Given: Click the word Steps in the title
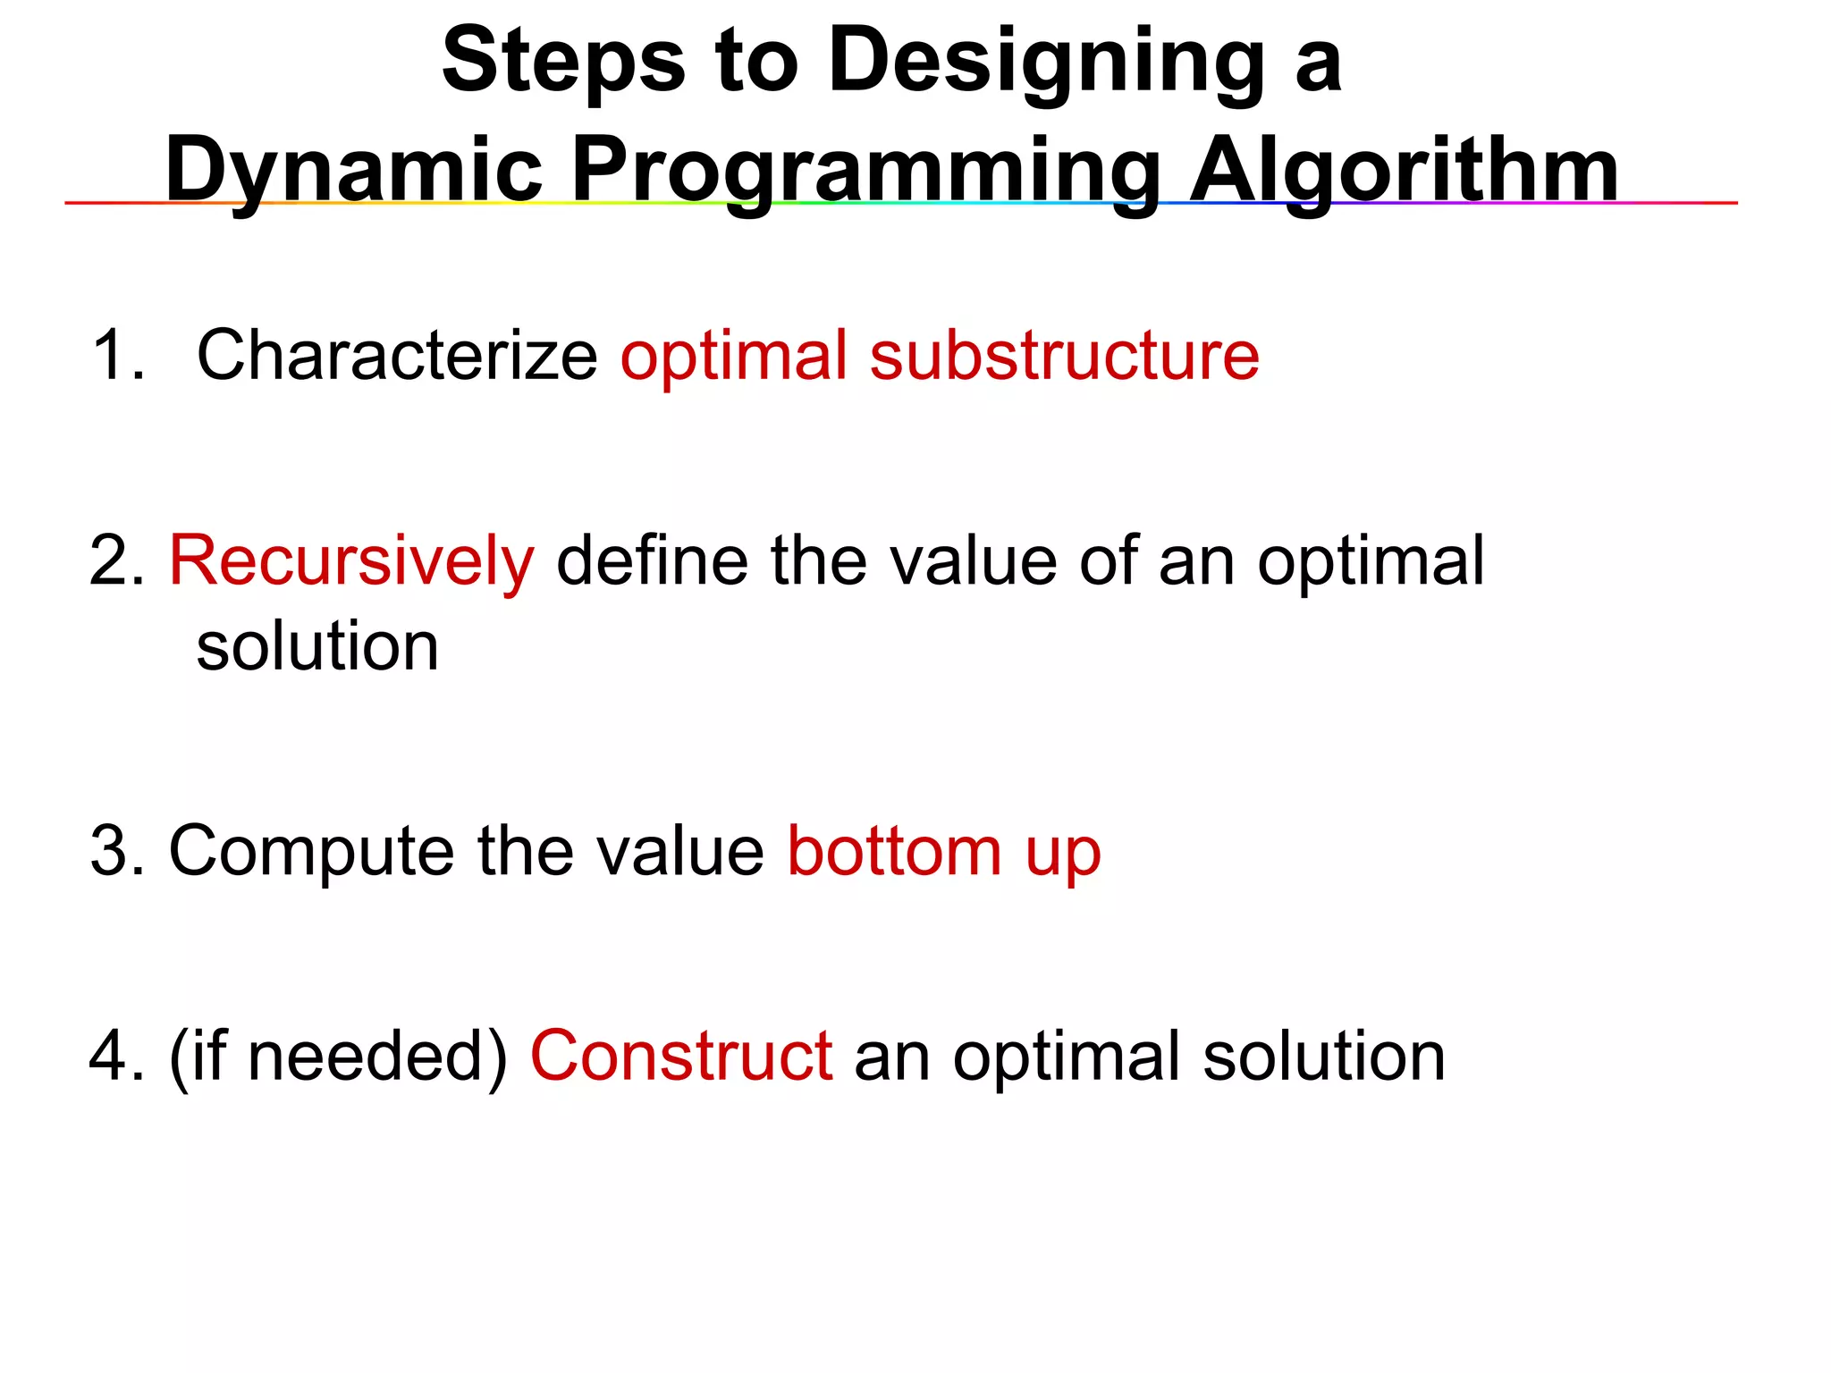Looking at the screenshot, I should coord(563,61).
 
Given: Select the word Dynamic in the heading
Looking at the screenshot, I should coord(354,170).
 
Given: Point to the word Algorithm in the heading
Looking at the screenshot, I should coord(1404,170).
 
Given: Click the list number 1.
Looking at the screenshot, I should coord(116,356).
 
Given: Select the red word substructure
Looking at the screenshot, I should coord(1064,356).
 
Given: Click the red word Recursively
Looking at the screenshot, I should coord(351,561).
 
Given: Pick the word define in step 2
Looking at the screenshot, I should coord(652,561).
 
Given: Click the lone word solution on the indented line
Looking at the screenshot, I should coord(317,646).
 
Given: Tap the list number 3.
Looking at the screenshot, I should coord(116,851).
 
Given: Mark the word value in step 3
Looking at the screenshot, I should coord(679,851).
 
